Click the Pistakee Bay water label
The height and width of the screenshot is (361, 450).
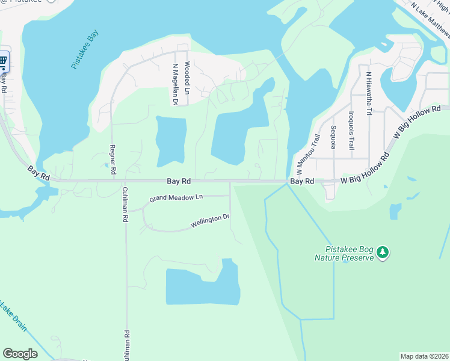pos(85,51)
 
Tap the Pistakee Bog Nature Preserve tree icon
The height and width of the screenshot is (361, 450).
pos(383,253)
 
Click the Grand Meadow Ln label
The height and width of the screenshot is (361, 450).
pos(176,198)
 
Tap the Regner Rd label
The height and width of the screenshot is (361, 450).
pos(112,159)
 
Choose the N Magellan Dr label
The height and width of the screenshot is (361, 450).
pos(175,85)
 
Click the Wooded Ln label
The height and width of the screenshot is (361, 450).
pos(188,78)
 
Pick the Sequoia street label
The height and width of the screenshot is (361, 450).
pos(333,139)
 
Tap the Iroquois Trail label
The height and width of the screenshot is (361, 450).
pos(352,130)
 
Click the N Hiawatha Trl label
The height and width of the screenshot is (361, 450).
pos(369,94)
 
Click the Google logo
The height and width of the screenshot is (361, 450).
pos(20,353)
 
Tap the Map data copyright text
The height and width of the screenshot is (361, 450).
pos(424,356)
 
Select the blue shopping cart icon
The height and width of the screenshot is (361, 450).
pos(3,60)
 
